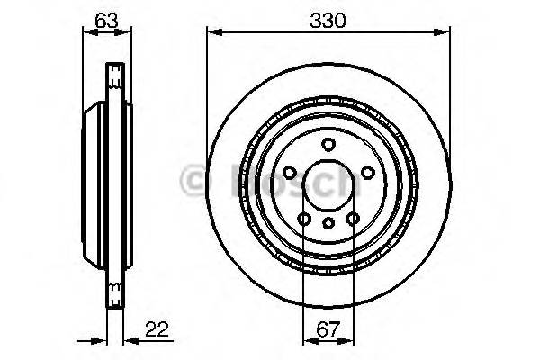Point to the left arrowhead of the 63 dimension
click(x=87, y=33)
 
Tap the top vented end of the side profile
click(x=114, y=73)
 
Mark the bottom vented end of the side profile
click(x=114, y=292)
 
